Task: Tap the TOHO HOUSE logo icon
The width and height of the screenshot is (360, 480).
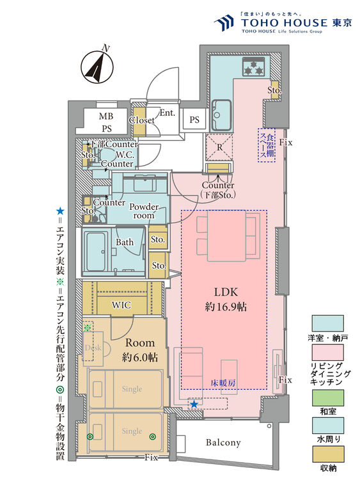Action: (x=224, y=24)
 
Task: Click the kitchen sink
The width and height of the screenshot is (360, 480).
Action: (x=222, y=106)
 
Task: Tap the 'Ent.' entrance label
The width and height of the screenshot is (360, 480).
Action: (x=168, y=113)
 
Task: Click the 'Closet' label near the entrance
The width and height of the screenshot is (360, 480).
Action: (x=141, y=120)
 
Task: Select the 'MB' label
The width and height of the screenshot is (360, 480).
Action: (x=105, y=116)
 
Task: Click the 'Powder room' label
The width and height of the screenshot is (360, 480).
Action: (x=145, y=211)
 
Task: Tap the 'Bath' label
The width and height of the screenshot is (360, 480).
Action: (x=125, y=243)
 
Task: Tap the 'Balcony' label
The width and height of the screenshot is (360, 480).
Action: (x=223, y=442)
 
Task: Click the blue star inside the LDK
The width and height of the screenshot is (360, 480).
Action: (x=193, y=404)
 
